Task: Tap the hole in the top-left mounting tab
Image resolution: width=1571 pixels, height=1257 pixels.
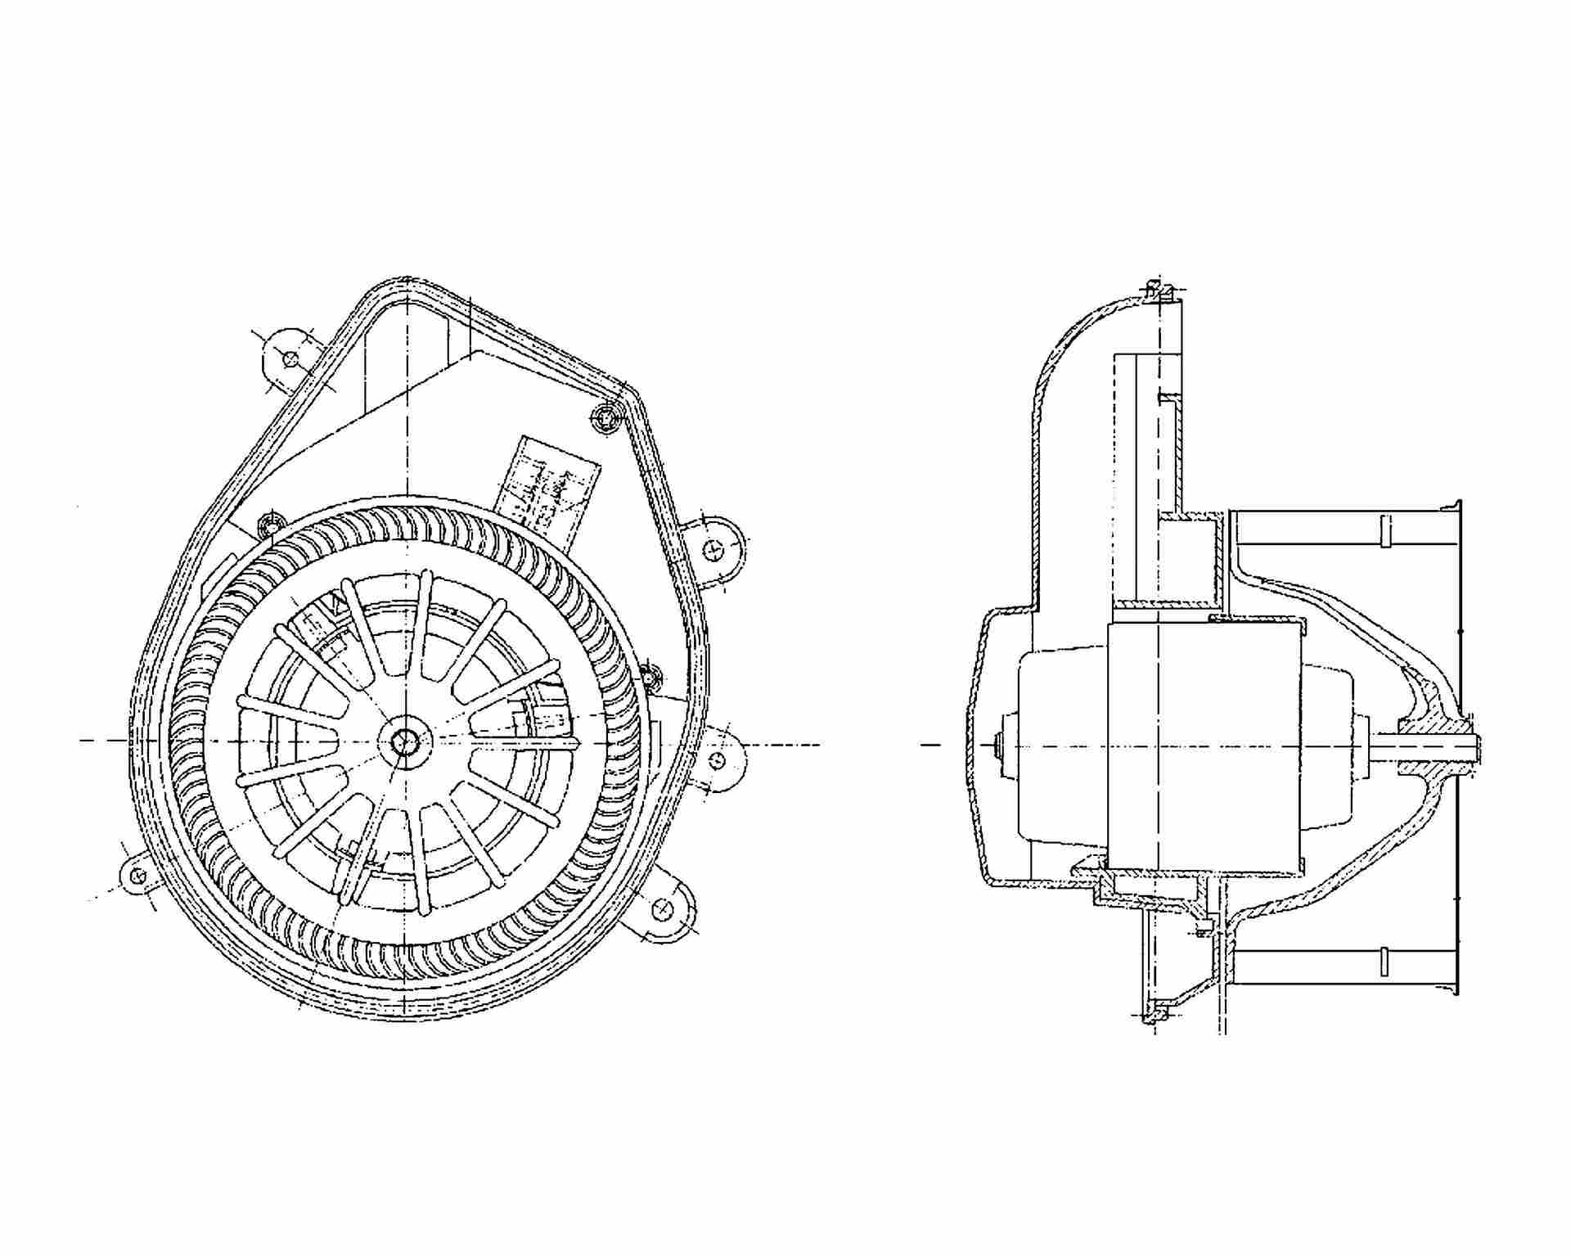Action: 288,358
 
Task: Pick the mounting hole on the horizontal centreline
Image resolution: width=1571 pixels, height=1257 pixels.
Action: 718,761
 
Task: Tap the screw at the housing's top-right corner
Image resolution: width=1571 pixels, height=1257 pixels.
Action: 606,418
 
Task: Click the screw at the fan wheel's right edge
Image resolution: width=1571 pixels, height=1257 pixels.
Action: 650,678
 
